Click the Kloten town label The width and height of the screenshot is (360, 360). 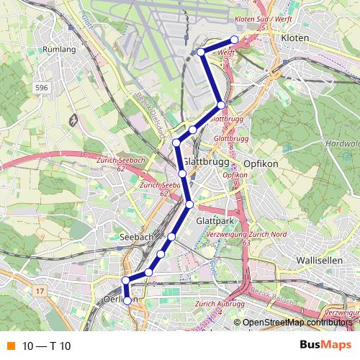tap(295, 37)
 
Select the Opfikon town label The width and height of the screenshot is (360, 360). tap(261, 163)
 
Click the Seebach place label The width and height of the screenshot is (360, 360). tap(137, 237)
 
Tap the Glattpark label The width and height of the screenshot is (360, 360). tap(213, 222)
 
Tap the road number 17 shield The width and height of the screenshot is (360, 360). tap(40, 292)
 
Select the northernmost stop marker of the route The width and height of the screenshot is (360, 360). tap(234, 40)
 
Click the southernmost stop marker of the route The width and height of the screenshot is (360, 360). tap(128, 300)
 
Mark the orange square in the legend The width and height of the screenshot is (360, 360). tap(9, 345)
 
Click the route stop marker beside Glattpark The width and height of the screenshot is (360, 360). tap(189, 204)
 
